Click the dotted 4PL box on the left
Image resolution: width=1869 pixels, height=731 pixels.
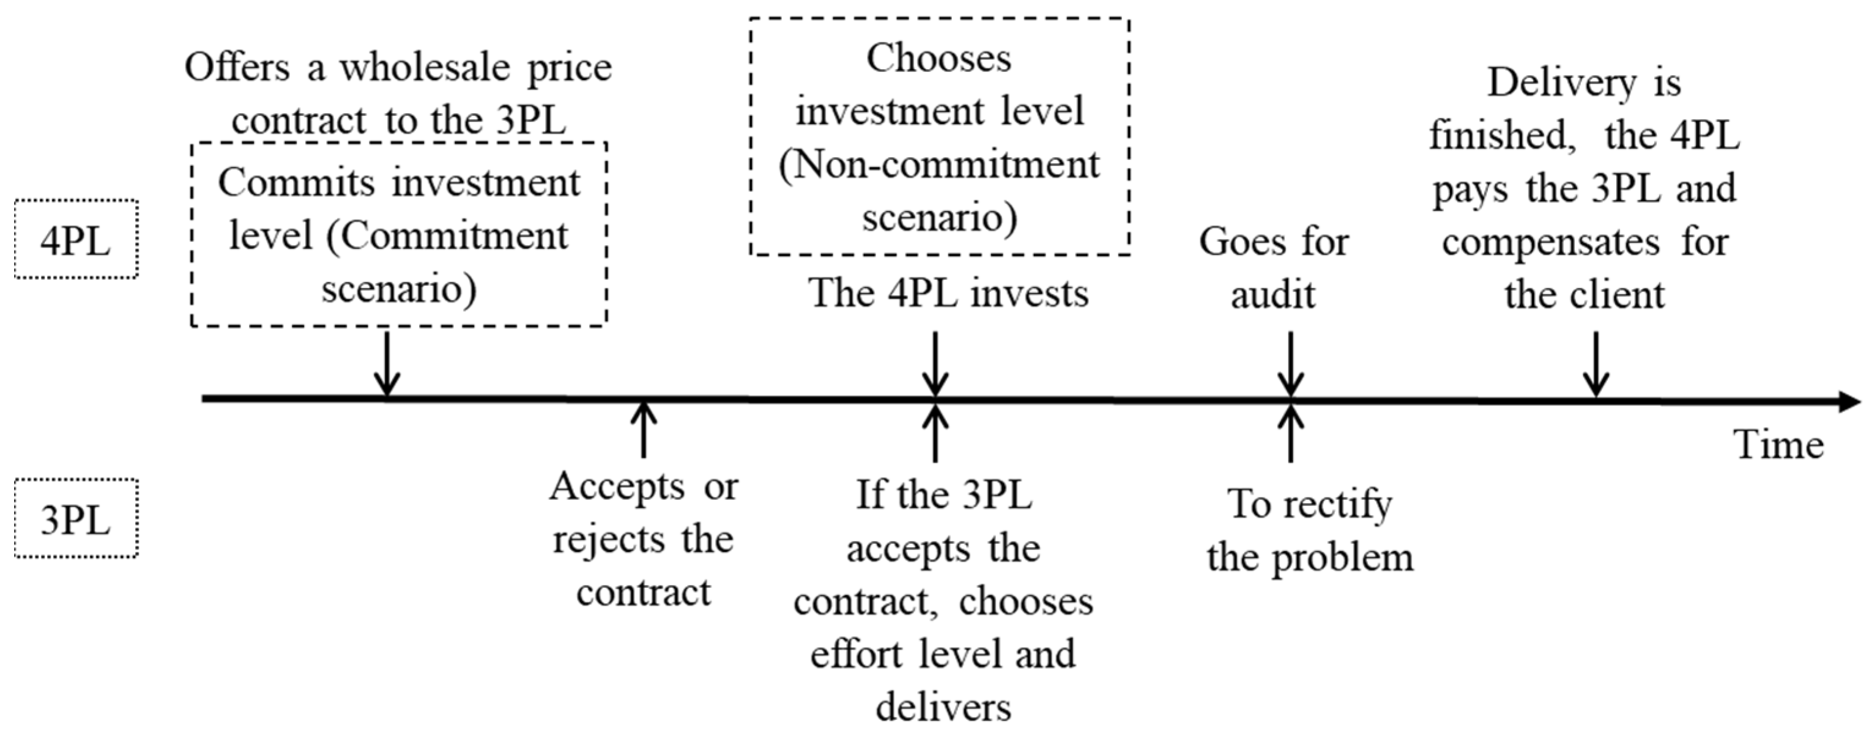click(x=76, y=240)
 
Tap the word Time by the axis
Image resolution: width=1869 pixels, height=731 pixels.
click(x=1778, y=444)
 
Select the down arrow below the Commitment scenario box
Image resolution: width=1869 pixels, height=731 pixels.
click(x=387, y=362)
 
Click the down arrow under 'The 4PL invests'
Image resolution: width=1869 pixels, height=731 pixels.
click(x=935, y=362)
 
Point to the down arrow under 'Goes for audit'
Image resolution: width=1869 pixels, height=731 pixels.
click(x=1291, y=362)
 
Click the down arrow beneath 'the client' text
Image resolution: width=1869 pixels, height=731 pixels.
click(x=1596, y=362)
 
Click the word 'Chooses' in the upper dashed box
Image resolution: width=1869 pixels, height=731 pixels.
click(x=939, y=58)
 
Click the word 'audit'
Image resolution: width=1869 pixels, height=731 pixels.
click(x=1273, y=295)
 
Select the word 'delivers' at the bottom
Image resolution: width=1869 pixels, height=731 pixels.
click(x=943, y=707)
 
